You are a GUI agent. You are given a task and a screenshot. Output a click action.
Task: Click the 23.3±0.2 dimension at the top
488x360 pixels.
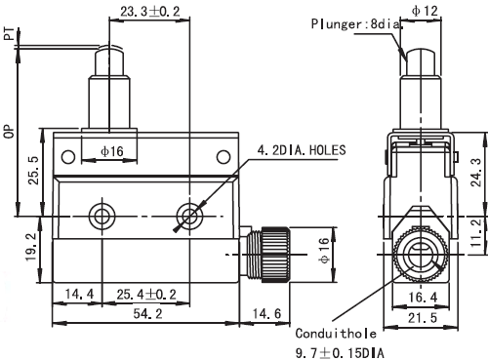(150, 12)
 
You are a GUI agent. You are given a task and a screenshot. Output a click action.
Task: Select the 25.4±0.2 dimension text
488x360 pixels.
(146, 295)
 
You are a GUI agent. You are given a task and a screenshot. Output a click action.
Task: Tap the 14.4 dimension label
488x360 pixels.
(79, 295)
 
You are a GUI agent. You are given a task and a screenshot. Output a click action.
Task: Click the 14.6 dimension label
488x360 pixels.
(266, 314)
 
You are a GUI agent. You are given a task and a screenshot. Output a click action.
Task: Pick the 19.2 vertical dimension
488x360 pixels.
(32, 248)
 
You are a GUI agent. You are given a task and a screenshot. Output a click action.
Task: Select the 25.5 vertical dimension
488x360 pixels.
(33, 171)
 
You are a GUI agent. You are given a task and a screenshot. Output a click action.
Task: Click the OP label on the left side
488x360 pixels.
(10, 132)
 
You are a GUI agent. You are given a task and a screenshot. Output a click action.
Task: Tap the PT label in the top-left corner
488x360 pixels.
(10, 34)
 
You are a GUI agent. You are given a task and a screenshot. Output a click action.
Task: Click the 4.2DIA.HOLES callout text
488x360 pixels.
(302, 150)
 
